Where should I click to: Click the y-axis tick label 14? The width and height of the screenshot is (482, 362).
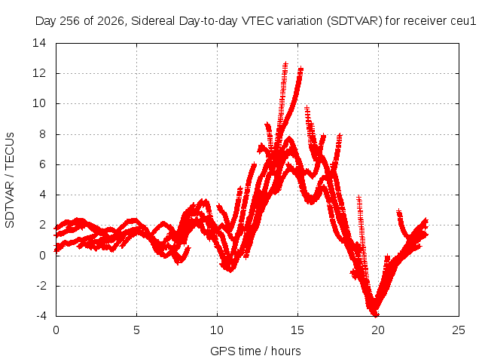pyautogui.click(x=39, y=43)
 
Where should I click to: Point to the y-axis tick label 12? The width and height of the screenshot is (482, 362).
pyautogui.click(x=39, y=73)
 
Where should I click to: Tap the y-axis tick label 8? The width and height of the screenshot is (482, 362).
pyautogui.click(x=42, y=134)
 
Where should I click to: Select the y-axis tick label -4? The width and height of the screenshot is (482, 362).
pyautogui.click(x=41, y=316)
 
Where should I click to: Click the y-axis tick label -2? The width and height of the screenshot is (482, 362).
pyautogui.click(x=41, y=286)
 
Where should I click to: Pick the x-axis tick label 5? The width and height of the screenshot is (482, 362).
pyautogui.click(x=136, y=330)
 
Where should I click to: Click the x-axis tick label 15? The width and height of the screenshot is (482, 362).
pyautogui.click(x=297, y=330)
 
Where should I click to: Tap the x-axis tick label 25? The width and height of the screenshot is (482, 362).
pyautogui.click(x=459, y=330)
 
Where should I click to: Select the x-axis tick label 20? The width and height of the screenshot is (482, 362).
pyautogui.click(x=378, y=330)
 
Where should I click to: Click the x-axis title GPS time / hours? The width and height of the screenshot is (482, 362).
pyautogui.click(x=255, y=351)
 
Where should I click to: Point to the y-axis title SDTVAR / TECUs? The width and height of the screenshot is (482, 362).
pyautogui.click(x=10, y=180)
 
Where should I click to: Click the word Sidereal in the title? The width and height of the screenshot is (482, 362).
pyautogui.click(x=153, y=21)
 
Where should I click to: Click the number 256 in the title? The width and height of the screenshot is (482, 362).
pyautogui.click(x=70, y=21)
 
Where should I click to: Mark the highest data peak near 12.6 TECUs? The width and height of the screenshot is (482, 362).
pyautogui.click(x=285, y=63)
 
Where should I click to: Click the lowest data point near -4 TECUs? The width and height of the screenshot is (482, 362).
pyautogui.click(x=376, y=314)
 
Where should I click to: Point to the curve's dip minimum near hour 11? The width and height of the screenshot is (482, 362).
pyautogui.click(x=230, y=270)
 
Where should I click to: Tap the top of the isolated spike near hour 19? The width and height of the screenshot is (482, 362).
pyautogui.click(x=358, y=196)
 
